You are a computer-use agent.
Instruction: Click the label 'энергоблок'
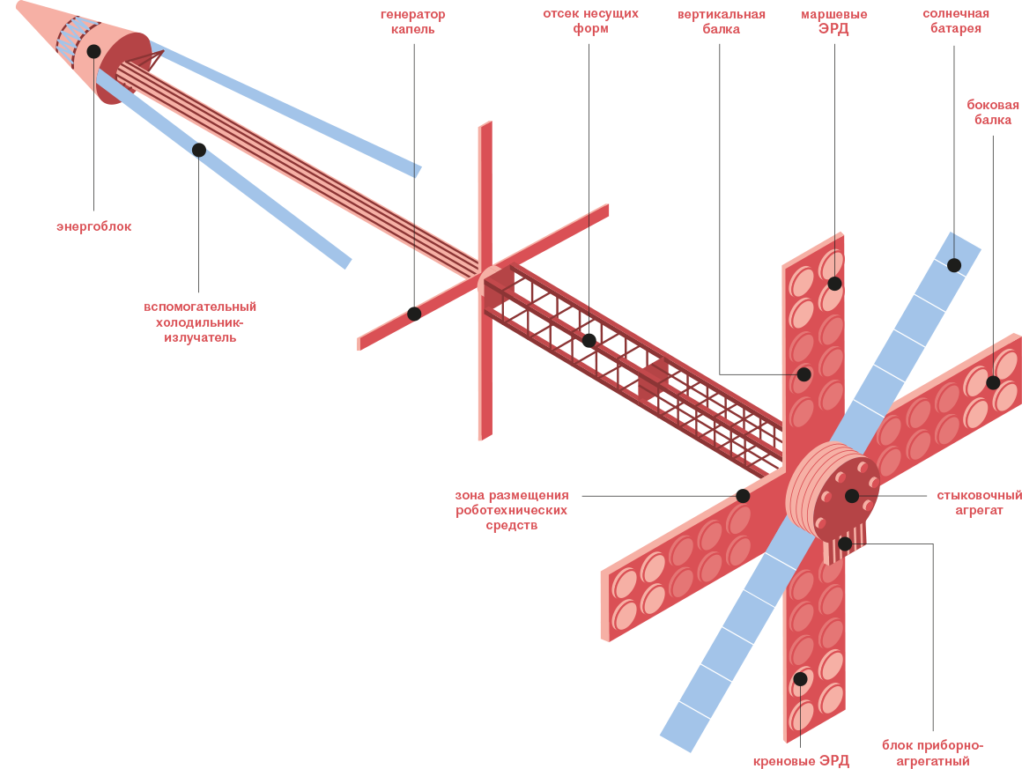coord(93,226)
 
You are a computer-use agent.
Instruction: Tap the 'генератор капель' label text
coord(413,22)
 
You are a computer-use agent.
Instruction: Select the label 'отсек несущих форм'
coord(590,21)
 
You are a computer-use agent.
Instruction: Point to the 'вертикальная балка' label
coord(721,21)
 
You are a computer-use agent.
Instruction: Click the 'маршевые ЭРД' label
coord(833,21)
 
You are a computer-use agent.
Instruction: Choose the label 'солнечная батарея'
coord(955,21)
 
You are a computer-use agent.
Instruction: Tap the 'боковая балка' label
coord(993,112)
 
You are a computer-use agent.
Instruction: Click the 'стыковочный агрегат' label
coord(979,502)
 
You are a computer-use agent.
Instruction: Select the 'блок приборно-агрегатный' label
coord(932,753)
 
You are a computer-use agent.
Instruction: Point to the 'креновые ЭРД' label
coord(801,760)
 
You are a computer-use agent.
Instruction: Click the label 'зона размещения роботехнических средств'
coord(512,510)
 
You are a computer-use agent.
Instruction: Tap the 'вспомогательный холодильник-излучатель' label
coord(200,322)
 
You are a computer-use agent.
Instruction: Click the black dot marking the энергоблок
coord(94,51)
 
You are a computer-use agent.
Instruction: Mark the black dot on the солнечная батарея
coord(954,265)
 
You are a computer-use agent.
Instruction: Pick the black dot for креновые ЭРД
coord(800,678)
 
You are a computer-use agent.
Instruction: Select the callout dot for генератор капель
coord(414,314)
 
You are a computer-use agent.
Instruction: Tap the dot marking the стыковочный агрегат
coord(852,496)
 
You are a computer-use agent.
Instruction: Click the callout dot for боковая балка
coord(993,382)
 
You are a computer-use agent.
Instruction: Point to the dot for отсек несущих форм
coord(589,340)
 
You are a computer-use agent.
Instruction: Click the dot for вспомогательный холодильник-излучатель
coord(199,150)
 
